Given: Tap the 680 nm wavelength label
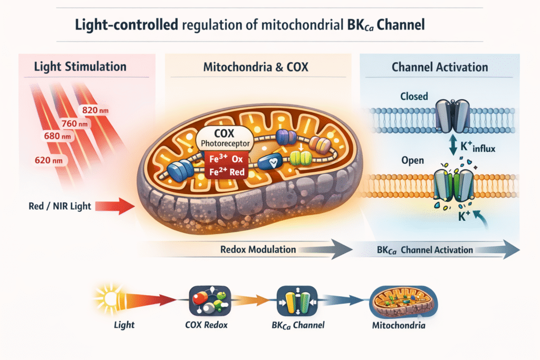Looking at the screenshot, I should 58,137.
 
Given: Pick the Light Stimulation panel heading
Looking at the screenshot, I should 80,67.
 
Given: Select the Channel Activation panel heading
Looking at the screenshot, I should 440,67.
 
